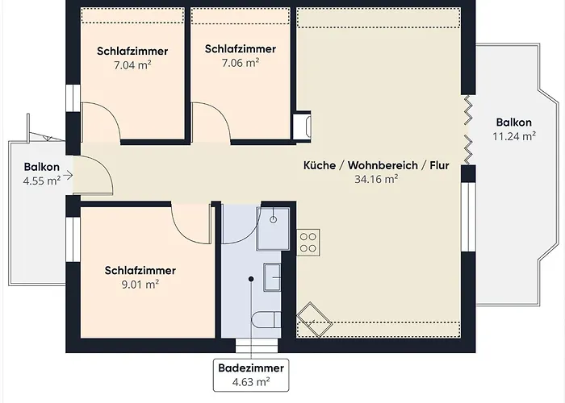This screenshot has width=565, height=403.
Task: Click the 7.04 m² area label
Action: tap(134, 65)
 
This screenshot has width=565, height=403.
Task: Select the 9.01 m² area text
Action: tap(140, 284)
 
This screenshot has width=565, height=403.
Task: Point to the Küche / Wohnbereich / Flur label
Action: tap(376, 165)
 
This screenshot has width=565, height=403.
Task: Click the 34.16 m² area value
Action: tap(376, 180)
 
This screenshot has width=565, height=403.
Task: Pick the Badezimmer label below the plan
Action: tap(250, 368)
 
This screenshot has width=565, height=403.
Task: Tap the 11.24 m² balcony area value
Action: tap(514, 136)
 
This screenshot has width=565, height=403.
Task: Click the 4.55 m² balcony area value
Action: tap(42, 181)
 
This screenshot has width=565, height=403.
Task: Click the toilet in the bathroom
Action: tap(266, 321)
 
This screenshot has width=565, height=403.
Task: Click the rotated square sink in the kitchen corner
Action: tap(315, 320)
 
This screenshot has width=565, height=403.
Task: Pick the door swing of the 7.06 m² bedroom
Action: tap(212, 123)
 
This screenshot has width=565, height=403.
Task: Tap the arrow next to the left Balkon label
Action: tap(68, 174)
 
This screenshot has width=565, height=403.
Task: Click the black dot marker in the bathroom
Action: tap(251, 279)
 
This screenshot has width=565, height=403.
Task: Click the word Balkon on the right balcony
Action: tap(514, 123)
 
